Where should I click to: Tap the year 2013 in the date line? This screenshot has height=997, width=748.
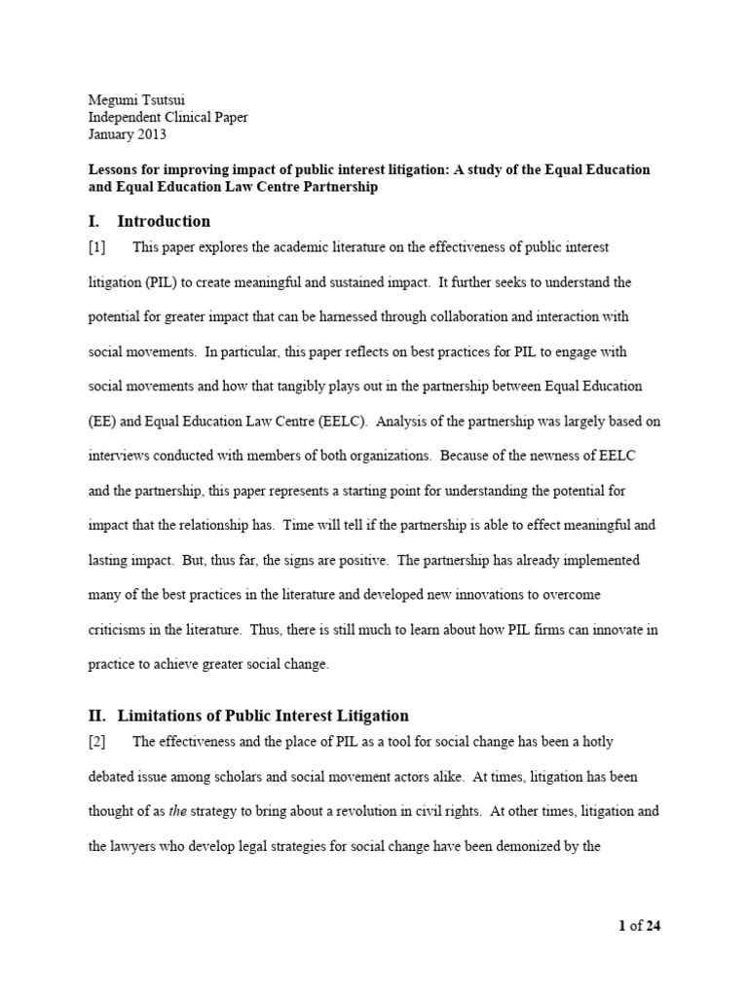(152, 134)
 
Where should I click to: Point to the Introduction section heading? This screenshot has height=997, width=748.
(164, 221)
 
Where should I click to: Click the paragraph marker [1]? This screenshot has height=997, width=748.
(97, 247)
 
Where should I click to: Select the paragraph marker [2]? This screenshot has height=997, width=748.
(97, 742)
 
